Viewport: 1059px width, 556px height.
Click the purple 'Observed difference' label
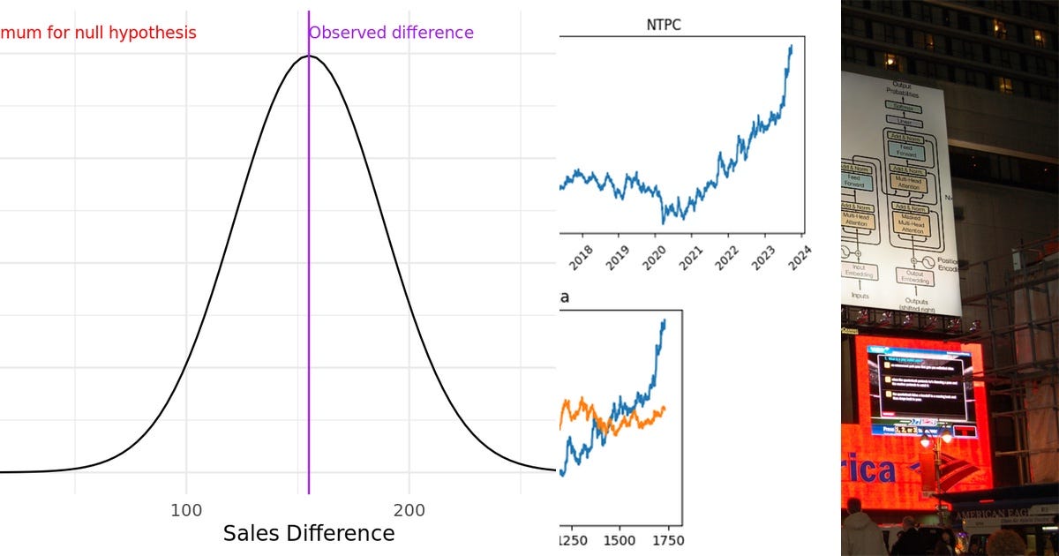pos(391,33)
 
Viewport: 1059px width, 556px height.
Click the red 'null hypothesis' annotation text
pos(97,33)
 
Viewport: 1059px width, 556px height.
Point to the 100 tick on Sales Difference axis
pos(186,510)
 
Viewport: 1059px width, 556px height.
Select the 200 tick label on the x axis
pos(409,510)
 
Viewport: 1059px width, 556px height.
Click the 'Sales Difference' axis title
pos(308,533)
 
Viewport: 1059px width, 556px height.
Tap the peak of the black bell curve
pos(308,56)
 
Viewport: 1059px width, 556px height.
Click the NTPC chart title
pos(664,25)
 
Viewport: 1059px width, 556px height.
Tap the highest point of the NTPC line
pos(791,46)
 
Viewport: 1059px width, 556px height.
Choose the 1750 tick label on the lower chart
pos(667,540)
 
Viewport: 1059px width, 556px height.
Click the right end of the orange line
pos(665,408)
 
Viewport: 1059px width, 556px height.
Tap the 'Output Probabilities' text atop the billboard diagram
pos(901,89)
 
